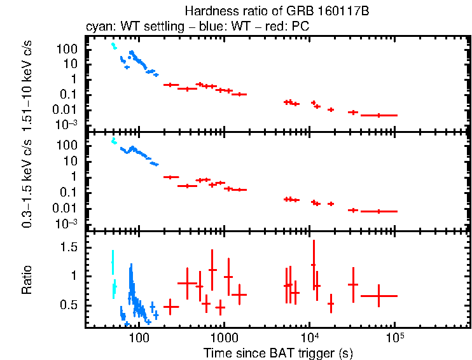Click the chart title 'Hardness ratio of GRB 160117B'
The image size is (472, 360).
coord(278,11)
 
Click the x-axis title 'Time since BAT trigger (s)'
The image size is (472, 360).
coord(278,352)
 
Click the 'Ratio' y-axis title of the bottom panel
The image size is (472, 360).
coord(27,279)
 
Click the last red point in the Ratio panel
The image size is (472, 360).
coord(379,296)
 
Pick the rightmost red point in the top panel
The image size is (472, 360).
coord(379,115)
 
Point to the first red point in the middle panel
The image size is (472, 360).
coord(171,177)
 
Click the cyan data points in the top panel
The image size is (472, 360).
coord(113,46)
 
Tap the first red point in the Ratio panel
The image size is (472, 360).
coord(171,307)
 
